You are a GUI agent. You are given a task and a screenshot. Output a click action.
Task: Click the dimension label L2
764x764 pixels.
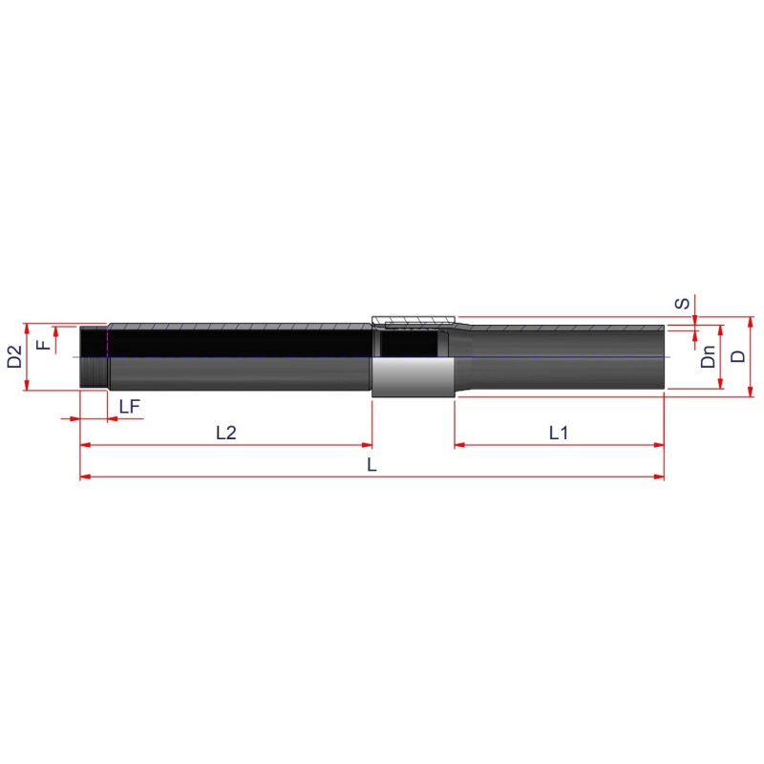(225, 433)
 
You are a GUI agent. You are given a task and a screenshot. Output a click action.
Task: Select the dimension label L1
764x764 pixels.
(559, 433)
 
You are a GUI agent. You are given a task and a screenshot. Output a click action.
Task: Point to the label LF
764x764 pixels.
(130, 407)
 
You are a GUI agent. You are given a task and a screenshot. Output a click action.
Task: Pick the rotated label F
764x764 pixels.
(42, 343)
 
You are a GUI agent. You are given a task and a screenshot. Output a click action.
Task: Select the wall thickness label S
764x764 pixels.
(681, 304)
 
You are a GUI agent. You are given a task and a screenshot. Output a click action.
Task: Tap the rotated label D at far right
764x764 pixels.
(737, 356)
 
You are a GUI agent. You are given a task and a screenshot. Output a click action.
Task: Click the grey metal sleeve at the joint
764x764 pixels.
(412, 378)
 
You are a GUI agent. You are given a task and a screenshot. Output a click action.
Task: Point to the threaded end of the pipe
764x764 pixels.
(94, 357)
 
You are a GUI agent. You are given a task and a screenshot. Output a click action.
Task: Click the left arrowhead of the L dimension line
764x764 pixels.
(85, 476)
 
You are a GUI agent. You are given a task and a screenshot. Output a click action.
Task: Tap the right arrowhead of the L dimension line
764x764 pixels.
(659, 476)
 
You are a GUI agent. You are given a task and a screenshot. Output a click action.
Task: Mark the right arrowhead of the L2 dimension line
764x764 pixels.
(366, 445)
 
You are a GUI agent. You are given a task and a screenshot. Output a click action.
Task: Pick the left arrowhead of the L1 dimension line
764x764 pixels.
(459, 445)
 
